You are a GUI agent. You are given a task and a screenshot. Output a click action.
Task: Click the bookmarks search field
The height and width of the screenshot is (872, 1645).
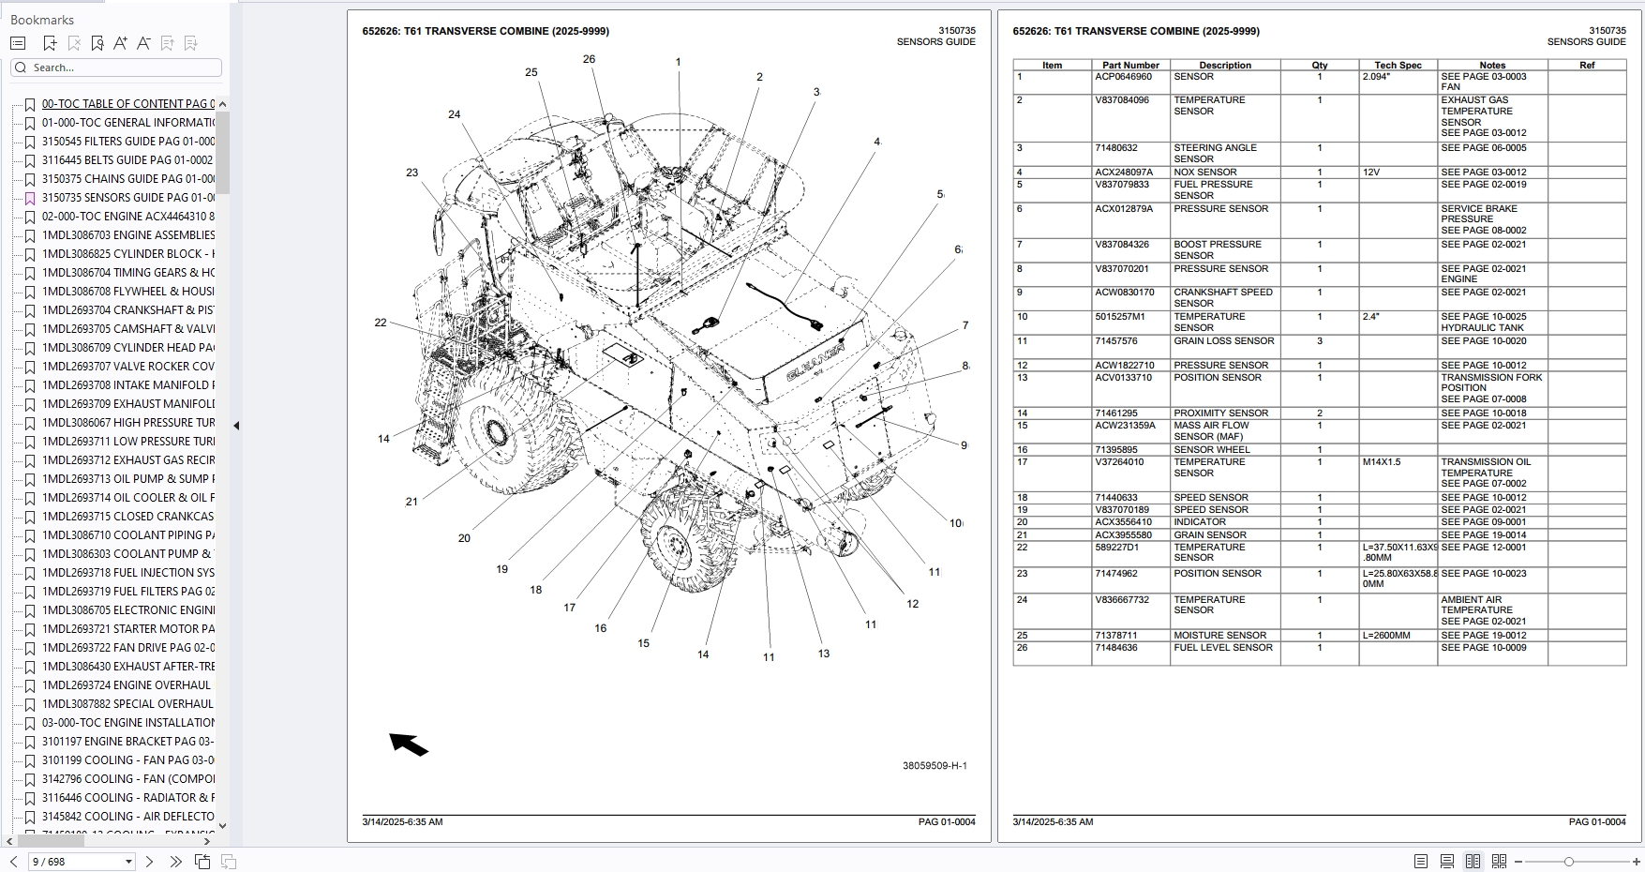coord(122,68)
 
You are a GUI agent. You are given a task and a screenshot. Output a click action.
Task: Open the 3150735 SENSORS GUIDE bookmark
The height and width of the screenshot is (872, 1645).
coord(127,198)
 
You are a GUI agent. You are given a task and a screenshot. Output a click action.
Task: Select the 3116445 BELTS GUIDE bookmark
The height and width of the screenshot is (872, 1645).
coord(127,160)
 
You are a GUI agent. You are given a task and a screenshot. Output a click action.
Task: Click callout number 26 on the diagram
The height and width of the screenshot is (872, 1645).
coord(589,59)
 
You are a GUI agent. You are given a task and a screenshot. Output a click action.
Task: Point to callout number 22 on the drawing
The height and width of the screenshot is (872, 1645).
coord(381,323)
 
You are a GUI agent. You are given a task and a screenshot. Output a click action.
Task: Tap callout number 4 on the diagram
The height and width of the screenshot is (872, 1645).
coord(876,142)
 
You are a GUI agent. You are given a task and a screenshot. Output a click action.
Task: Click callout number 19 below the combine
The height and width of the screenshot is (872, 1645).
coord(502,569)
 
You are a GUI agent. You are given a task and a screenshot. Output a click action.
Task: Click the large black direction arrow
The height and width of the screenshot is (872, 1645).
coord(409,744)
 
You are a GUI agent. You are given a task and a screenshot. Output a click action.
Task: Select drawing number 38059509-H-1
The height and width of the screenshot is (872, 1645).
coord(935,766)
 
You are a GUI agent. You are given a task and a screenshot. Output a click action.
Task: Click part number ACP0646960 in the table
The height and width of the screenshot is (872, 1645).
coord(1123,77)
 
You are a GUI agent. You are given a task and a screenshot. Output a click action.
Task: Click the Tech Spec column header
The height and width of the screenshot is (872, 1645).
coord(1398,66)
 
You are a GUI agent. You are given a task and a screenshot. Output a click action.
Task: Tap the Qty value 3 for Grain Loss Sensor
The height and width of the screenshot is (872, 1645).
coord(1320,341)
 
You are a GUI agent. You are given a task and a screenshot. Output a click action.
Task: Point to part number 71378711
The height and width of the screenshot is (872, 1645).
coord(1115,636)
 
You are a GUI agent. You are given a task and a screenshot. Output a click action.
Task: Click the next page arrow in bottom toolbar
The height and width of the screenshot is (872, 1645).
coord(149,862)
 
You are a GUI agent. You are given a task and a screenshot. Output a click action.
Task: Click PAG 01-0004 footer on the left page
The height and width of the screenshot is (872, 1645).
coord(947,822)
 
